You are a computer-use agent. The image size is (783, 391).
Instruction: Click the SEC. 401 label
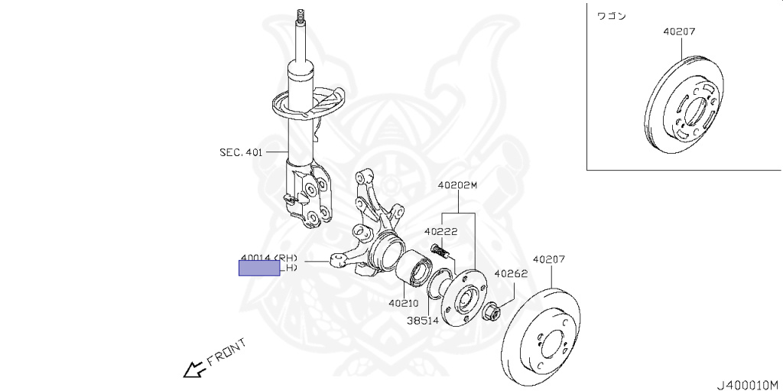pos(240,152)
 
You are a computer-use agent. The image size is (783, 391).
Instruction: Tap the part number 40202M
pos(457,185)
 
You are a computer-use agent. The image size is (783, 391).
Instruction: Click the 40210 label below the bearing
pos(404,302)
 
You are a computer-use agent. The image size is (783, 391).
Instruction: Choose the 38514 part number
pos(423,321)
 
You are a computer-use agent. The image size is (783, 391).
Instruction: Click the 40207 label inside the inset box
pos(680,32)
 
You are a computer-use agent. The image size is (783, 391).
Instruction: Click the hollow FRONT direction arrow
pos(191,370)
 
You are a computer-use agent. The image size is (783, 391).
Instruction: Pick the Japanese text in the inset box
pos(610,15)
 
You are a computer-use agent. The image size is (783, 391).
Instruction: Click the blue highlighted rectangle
pos(260,268)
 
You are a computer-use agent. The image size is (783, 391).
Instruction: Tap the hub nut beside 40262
pos(492,311)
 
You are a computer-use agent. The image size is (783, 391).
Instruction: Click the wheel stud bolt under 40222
pos(440,249)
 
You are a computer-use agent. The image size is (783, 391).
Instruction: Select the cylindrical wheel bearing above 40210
pos(414,267)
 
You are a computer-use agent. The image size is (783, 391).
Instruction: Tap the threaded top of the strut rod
pos(300,16)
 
